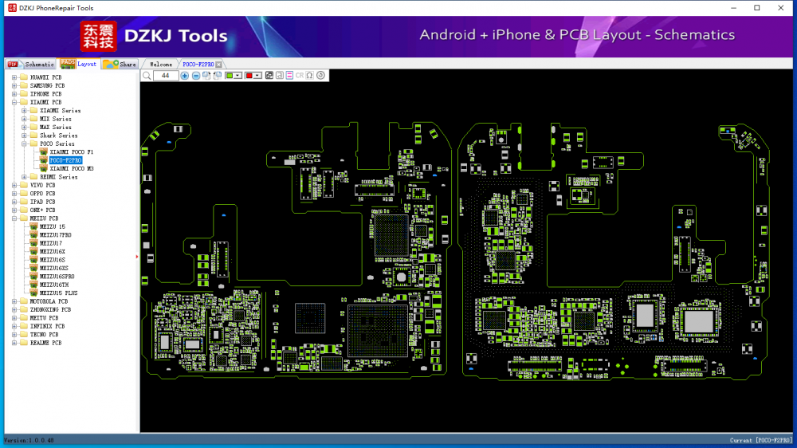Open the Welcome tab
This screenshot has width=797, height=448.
tap(161, 64)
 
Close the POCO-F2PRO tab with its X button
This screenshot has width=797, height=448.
tap(219, 64)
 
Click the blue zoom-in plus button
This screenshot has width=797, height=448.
tap(185, 75)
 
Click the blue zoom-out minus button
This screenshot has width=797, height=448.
tap(196, 75)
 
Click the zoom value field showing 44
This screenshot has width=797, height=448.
tap(166, 75)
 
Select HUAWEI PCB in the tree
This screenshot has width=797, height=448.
tap(45, 77)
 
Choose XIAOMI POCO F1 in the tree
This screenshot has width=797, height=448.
tap(71, 151)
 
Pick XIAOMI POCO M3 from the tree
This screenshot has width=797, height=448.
tap(71, 169)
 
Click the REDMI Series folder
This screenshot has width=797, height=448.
tap(58, 177)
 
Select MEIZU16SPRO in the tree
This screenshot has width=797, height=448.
tap(57, 276)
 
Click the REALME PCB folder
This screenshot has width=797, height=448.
tap(45, 343)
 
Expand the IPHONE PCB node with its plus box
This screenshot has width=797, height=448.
tap(14, 94)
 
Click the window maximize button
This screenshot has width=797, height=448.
tap(756, 8)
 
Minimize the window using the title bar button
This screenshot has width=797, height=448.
tap(734, 8)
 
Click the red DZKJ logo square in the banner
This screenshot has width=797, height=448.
tap(98, 36)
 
